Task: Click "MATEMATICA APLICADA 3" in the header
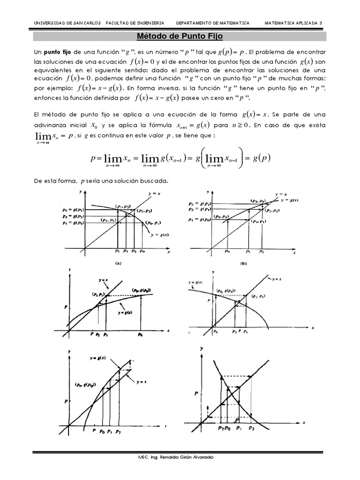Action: [293, 22]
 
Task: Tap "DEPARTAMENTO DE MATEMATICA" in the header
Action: [212, 22]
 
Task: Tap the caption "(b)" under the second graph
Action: [243, 263]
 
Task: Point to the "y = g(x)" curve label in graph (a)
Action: [159, 234]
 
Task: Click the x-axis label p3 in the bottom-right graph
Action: [252, 428]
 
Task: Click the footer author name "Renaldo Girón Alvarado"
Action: [185, 457]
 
